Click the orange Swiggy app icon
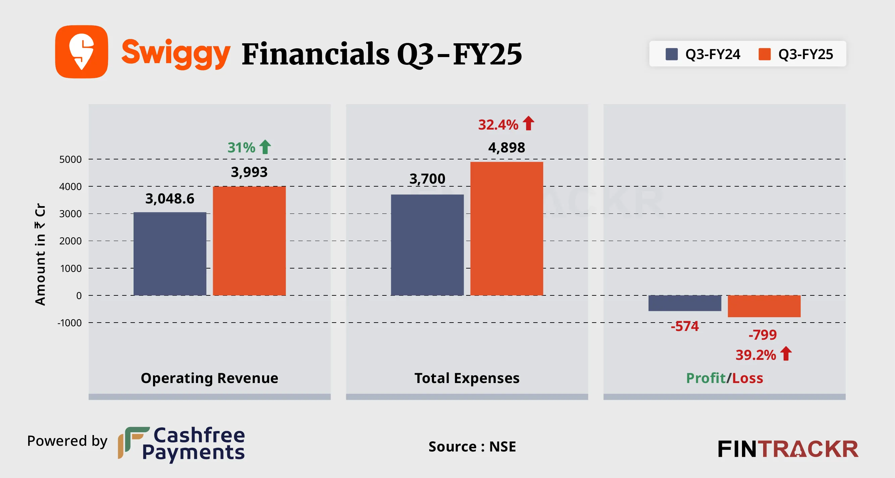point(82,51)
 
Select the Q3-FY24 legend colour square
point(671,54)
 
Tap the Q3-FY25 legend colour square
point(764,54)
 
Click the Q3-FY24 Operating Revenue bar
point(170,254)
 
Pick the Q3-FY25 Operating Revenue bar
point(249,241)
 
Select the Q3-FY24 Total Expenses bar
point(427,245)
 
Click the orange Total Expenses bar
point(507,228)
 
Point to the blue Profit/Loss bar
point(685,303)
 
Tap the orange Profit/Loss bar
point(764,306)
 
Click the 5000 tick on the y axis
point(70,159)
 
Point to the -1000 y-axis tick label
point(69,323)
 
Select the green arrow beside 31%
point(265,147)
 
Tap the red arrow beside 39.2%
point(786,354)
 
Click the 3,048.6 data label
point(169,199)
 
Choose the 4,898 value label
point(507,148)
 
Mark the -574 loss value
point(685,326)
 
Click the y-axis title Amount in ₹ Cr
point(40,254)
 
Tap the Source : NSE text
point(472,447)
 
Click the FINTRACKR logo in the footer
point(788,449)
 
